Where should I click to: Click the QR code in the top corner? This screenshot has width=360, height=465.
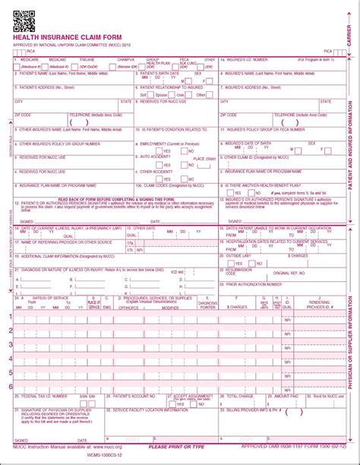(24, 21)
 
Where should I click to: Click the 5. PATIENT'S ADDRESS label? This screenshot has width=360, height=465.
(46, 87)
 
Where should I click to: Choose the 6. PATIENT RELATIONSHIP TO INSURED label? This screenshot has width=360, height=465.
(171, 87)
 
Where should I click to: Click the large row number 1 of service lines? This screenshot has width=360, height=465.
(10, 316)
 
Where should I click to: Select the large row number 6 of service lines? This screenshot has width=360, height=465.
(10, 386)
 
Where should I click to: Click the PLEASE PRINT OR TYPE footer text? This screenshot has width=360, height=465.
(176, 447)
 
